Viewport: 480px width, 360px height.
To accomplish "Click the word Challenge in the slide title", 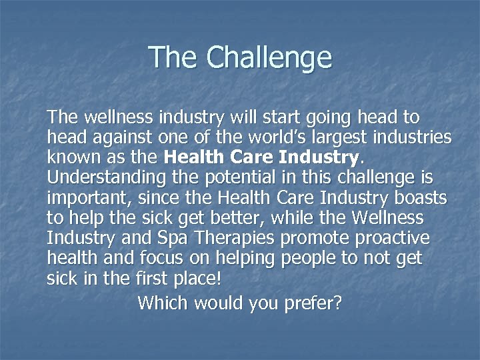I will pos(269,58).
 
